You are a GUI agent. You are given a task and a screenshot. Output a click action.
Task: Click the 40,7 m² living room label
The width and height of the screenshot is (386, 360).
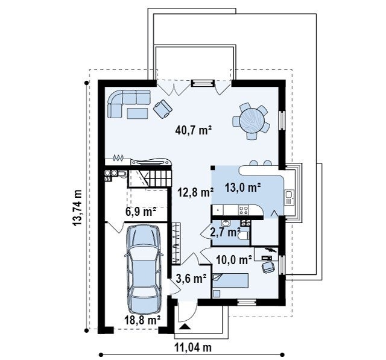click(x=194, y=130)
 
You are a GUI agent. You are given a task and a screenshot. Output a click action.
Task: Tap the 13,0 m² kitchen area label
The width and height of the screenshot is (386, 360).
click(x=242, y=188)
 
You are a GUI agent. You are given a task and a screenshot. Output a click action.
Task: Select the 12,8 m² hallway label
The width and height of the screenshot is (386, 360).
click(x=195, y=192)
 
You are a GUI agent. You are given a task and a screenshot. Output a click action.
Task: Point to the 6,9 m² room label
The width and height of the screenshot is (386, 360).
click(x=141, y=212)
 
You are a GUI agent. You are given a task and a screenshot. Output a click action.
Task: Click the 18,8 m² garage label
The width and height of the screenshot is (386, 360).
click(x=142, y=320)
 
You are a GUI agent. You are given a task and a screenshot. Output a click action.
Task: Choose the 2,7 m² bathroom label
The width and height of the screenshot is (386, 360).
click(x=225, y=232)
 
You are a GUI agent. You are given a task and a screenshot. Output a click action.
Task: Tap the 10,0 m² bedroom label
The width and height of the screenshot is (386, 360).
click(x=234, y=259)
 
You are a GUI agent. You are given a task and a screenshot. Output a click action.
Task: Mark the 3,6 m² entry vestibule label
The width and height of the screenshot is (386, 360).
click(x=191, y=279)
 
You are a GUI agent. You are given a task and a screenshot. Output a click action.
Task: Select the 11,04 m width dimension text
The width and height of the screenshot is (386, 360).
click(x=193, y=348)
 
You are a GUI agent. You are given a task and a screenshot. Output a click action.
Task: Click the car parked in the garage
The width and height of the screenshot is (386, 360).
click(x=144, y=270)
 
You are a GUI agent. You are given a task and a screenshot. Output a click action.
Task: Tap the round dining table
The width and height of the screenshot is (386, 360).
click(x=252, y=121)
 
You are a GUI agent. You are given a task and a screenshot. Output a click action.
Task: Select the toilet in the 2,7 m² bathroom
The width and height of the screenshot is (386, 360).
click(x=244, y=236)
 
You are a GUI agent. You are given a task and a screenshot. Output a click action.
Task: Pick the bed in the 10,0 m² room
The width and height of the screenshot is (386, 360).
click(x=230, y=280)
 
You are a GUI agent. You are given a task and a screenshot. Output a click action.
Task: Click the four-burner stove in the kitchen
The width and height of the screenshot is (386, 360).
click(x=244, y=210)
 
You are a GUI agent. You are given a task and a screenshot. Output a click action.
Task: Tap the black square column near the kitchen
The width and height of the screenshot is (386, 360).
click(x=213, y=168)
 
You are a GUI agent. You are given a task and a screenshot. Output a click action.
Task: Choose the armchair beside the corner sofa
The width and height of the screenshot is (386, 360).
click(x=163, y=109)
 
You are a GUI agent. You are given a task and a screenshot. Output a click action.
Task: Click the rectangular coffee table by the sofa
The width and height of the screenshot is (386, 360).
click(x=138, y=113)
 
